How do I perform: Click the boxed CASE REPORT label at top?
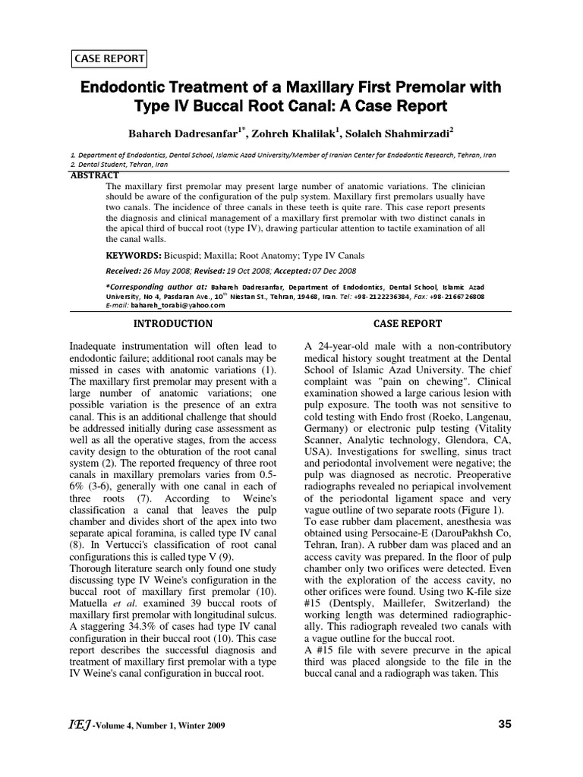pos(109,58)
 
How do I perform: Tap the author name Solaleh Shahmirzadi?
pos(397,134)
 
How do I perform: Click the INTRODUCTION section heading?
pos(173,323)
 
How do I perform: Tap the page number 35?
pos(505,724)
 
